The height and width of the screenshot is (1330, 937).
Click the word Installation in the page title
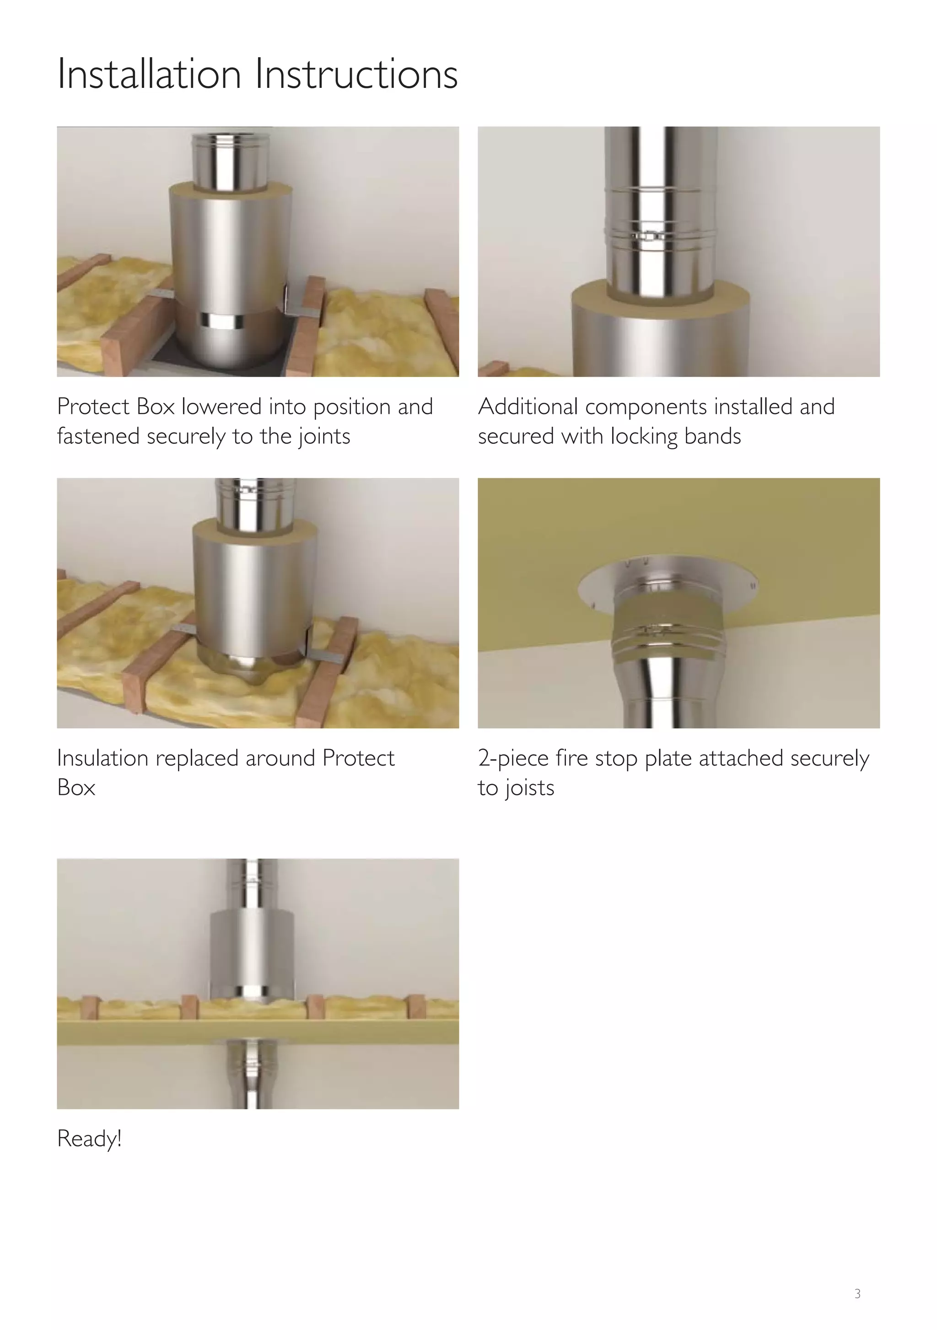[x=149, y=74]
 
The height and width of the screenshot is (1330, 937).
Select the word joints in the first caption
[x=324, y=437]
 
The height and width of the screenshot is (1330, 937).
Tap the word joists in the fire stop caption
[x=529, y=789]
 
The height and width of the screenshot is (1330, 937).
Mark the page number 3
[x=858, y=1293]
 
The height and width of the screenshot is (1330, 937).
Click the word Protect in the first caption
[x=93, y=407]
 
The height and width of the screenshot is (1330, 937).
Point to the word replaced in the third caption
[x=196, y=758]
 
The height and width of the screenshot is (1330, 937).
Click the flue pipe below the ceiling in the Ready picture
[x=253, y=1077]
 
